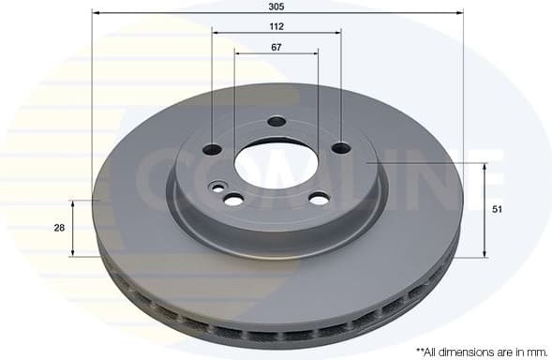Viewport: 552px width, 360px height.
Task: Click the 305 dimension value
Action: tap(276, 6)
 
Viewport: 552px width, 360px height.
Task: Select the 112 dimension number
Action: tap(276, 26)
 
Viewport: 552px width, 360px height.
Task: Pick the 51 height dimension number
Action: tap(498, 210)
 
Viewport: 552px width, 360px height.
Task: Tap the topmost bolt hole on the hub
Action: tap(276, 121)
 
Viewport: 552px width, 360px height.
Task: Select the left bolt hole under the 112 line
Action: tap(213, 148)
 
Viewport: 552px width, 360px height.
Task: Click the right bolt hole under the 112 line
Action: tap(340, 147)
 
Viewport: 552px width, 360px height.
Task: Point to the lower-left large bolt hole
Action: tap(232, 199)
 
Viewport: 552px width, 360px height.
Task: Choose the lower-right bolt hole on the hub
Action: tap(319, 198)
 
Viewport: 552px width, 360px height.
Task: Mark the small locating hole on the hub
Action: tap(218, 187)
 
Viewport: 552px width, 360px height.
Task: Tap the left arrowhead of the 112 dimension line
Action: tap(216, 33)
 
